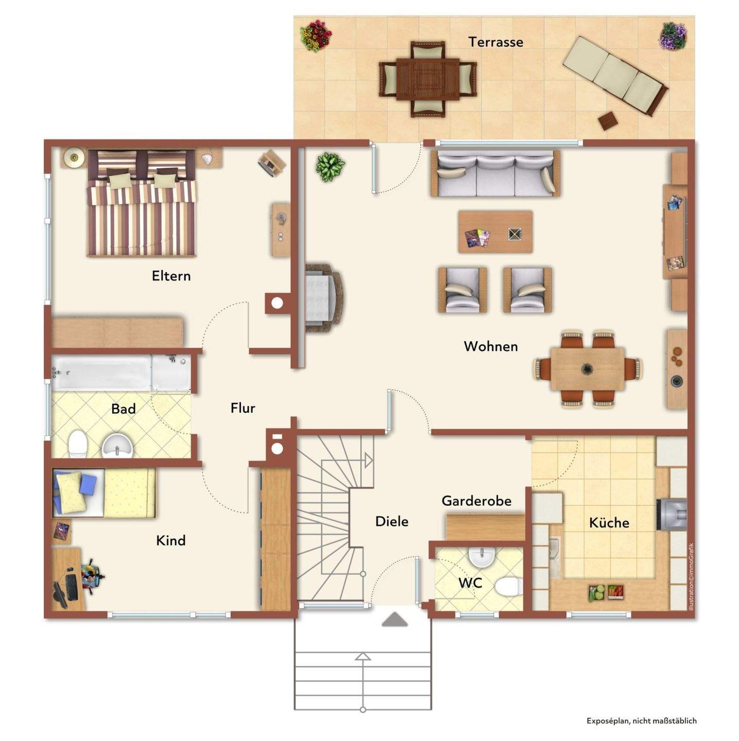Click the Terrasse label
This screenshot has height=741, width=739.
[495, 42]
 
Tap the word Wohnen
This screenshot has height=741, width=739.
[491, 346]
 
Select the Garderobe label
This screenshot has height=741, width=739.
[476, 501]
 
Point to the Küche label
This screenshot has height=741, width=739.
[609, 523]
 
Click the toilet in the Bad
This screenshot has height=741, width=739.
[77, 444]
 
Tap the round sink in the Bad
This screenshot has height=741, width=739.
[117, 446]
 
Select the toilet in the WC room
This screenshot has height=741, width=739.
[508, 587]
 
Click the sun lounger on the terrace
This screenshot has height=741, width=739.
[615, 76]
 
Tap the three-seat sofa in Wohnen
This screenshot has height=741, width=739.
[495, 174]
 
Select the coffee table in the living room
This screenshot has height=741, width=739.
[495, 232]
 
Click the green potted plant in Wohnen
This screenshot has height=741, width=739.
[330, 167]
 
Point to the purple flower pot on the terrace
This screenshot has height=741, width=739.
[673, 36]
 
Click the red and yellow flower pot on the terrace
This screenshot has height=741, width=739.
[316, 36]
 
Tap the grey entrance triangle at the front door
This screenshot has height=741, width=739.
[394, 620]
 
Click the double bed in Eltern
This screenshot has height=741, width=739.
[142, 203]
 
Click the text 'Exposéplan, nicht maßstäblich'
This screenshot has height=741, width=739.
[642, 720]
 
